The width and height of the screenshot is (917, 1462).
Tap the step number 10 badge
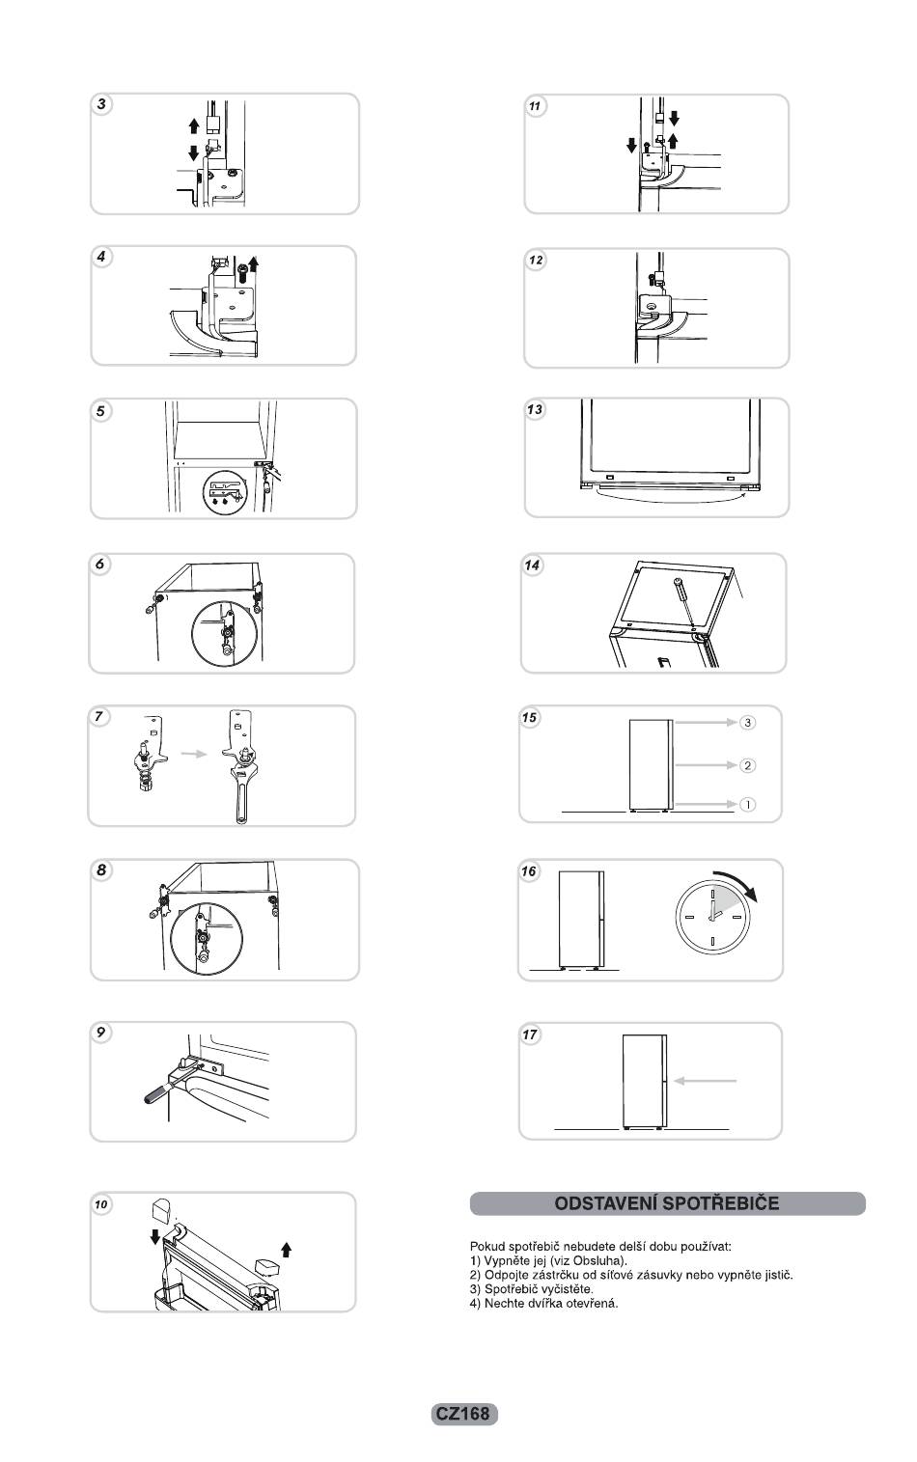coord(101,1204)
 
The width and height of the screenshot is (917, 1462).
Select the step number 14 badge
coord(532,565)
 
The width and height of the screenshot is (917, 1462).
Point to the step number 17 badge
coord(530,1034)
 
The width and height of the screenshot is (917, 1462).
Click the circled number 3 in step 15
coord(747,722)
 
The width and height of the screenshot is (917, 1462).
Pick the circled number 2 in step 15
coord(747,765)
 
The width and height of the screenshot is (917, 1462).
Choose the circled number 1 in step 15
coord(747,804)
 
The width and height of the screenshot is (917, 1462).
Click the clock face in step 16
coord(712,915)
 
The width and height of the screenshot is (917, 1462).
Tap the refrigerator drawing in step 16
coord(581,919)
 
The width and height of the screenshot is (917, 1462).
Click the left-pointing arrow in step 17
coord(705,1081)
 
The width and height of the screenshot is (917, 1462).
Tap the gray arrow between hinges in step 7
coord(195,753)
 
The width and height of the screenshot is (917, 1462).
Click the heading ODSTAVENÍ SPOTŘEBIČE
coord(667,1203)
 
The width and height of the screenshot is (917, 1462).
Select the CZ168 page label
coord(464,1414)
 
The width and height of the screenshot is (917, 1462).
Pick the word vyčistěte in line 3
coord(565,1289)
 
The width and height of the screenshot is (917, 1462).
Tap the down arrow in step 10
coord(155,1237)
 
